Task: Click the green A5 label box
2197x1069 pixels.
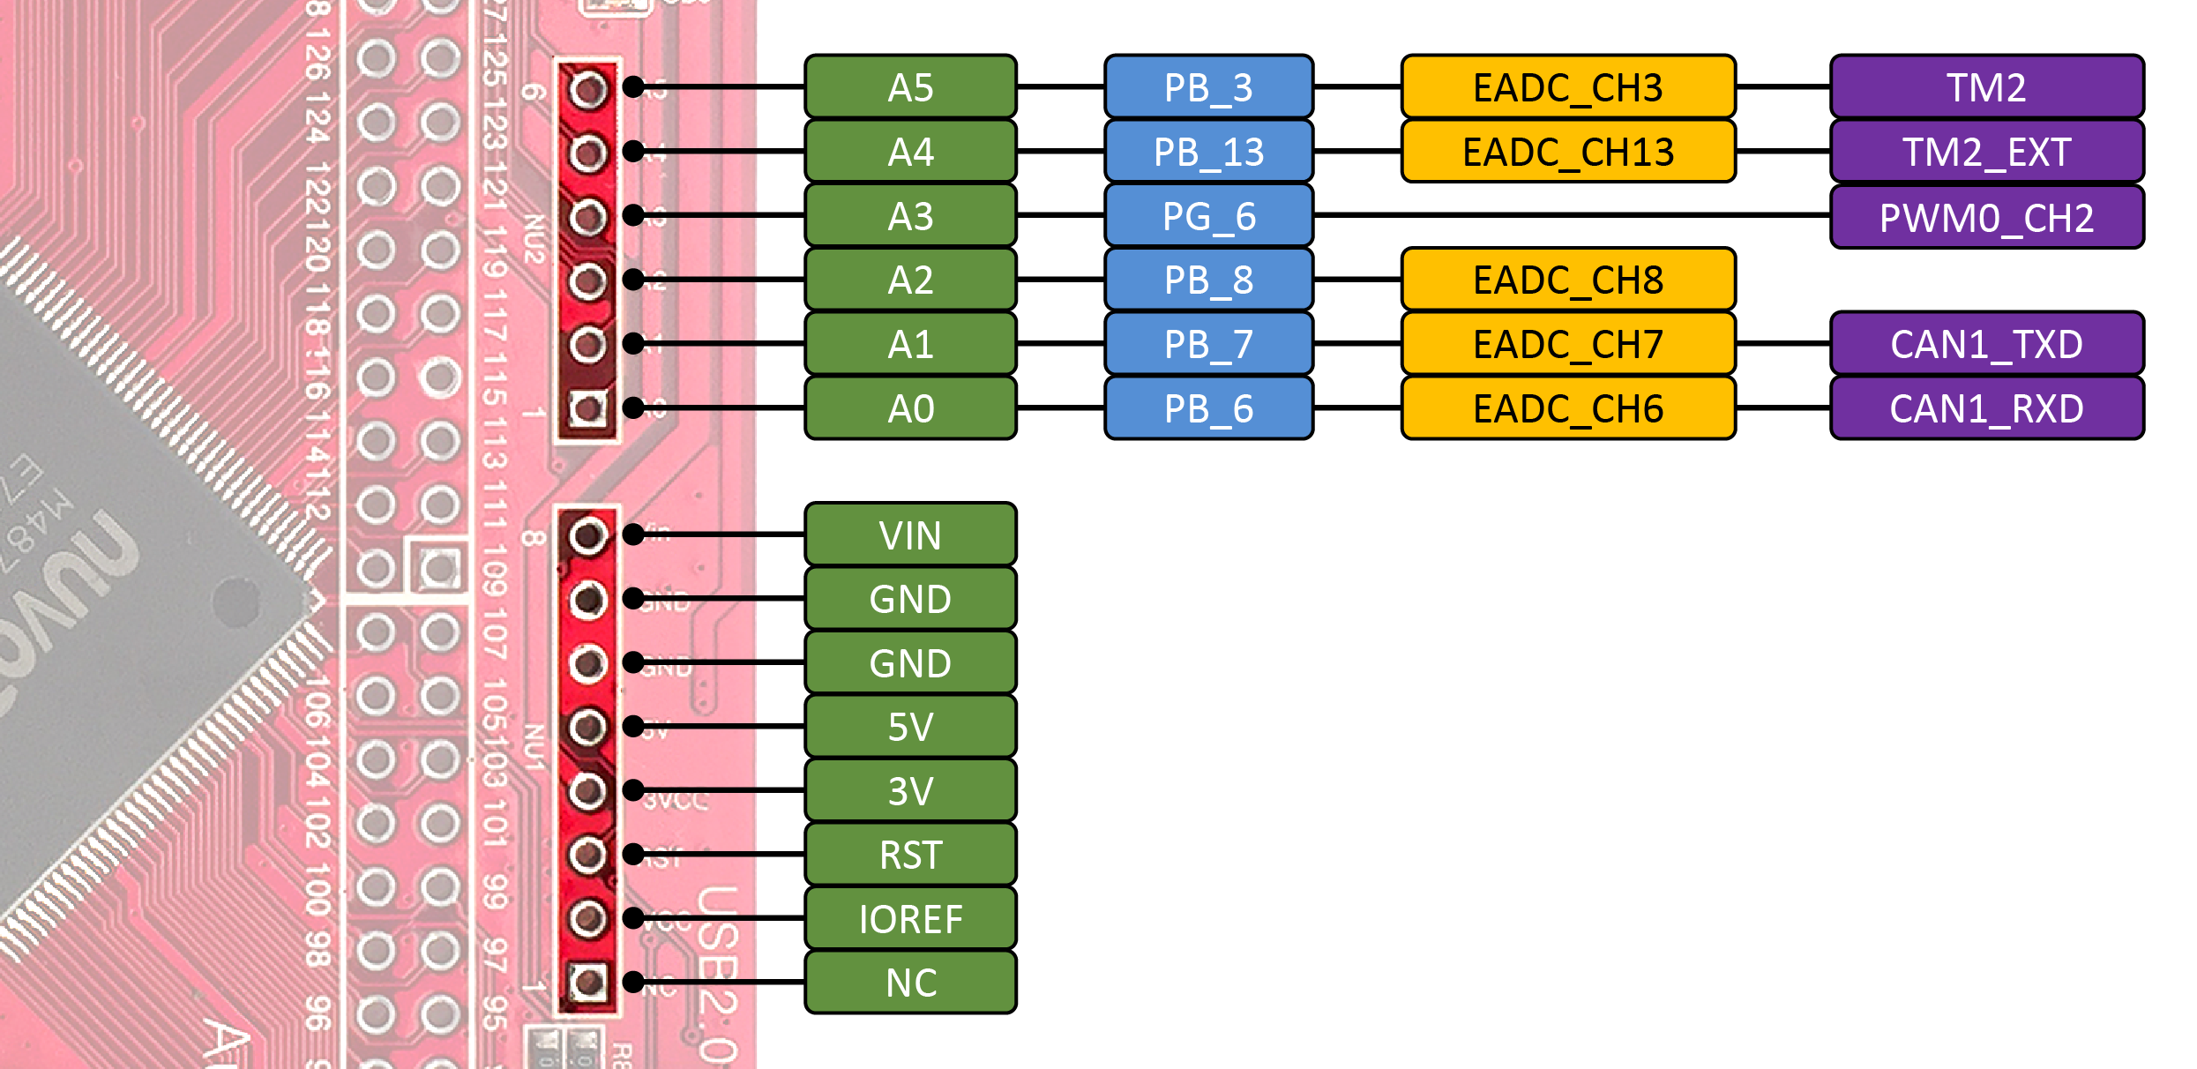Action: point(910,87)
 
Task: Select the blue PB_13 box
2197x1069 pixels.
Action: point(1208,152)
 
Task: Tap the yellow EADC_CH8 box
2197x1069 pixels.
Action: point(1567,280)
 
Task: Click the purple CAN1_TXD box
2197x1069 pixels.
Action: point(1986,344)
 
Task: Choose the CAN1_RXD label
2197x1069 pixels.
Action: point(1986,408)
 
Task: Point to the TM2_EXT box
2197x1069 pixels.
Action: point(1986,152)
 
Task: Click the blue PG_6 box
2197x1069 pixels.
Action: point(1208,216)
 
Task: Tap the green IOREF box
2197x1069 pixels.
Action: point(910,919)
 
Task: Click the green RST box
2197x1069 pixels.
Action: point(910,855)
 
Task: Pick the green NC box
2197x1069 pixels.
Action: point(910,983)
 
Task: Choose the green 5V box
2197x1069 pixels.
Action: point(910,727)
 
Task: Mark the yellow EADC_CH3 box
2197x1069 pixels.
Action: point(1567,87)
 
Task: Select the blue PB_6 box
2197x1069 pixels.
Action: point(1208,408)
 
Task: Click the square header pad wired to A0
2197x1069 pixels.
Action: point(587,407)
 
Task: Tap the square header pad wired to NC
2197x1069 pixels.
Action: point(587,981)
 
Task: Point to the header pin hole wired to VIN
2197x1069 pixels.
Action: point(587,535)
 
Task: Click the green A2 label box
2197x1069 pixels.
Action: point(910,280)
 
